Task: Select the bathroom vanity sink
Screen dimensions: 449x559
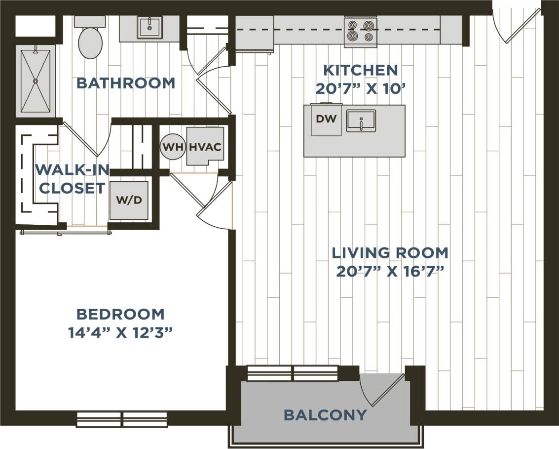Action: (149, 28)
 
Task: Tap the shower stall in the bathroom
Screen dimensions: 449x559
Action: (36, 81)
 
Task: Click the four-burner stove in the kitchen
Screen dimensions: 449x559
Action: (360, 31)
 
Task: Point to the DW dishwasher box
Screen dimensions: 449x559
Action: (326, 120)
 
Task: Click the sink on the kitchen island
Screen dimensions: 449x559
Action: (361, 121)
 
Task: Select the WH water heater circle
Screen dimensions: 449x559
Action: (172, 147)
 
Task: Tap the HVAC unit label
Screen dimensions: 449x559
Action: (205, 147)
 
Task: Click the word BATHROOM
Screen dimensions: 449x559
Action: (126, 83)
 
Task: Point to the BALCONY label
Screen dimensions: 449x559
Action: (325, 415)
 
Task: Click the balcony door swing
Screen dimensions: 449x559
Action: (382, 390)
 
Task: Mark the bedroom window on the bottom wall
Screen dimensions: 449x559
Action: (122, 419)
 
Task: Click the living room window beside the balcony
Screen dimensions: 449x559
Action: (292, 373)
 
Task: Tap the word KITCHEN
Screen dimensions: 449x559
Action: (359, 70)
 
